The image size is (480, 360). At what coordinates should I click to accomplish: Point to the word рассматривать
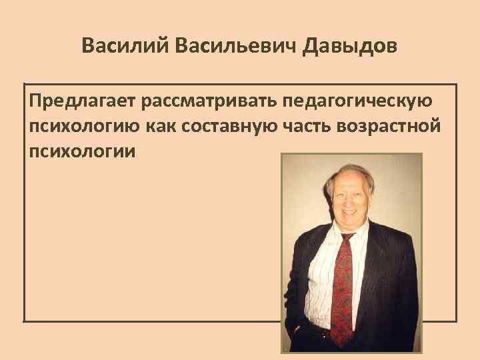pos(209,102)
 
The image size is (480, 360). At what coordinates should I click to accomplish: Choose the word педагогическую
pos(359,102)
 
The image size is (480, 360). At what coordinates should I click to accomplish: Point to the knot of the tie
pos(346,239)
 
